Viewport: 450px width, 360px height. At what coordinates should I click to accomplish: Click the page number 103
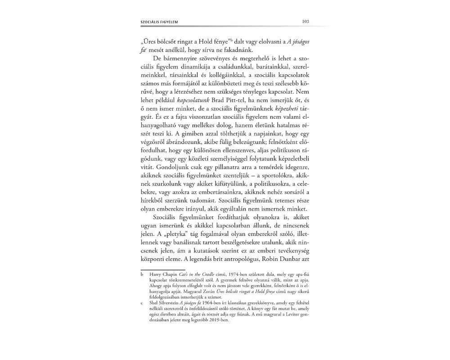tap(306, 21)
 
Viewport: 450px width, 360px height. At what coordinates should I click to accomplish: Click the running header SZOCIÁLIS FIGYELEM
tap(160, 22)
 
